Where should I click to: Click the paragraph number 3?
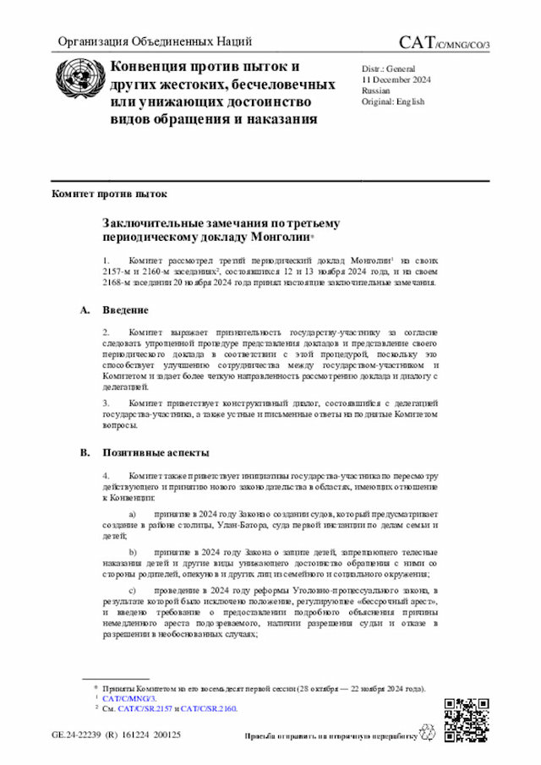tap(106, 403)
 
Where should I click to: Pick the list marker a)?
tap(131, 514)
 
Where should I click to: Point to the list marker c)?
tap(131, 589)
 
